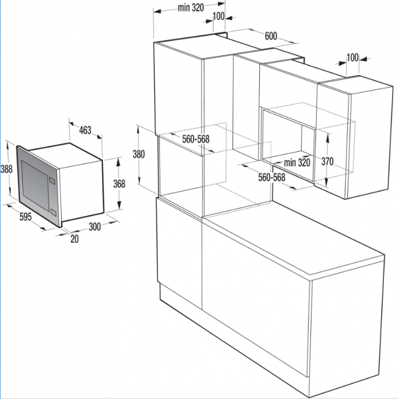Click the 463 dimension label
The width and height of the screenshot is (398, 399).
(x=85, y=130)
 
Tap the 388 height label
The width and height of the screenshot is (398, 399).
(x=6, y=169)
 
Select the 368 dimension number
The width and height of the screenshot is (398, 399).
(x=119, y=184)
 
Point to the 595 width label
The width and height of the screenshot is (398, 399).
(x=25, y=217)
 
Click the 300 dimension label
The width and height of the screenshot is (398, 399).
(x=95, y=227)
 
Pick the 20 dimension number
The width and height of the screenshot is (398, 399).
(x=75, y=239)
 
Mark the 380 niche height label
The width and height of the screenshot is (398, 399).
(x=139, y=154)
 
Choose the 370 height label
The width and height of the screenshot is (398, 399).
(x=327, y=161)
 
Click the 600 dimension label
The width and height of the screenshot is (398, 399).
(x=271, y=36)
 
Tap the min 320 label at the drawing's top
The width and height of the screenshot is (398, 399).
(x=191, y=8)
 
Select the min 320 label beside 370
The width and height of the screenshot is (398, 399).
(x=297, y=162)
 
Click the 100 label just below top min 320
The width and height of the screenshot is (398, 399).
(x=218, y=16)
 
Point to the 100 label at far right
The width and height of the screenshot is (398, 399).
(x=353, y=57)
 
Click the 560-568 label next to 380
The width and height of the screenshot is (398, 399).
(x=196, y=139)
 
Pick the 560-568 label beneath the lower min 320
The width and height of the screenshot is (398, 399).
(x=272, y=177)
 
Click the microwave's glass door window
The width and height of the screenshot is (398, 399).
(x=35, y=185)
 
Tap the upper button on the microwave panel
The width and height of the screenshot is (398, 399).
(x=52, y=180)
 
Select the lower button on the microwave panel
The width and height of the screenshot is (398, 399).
(x=53, y=212)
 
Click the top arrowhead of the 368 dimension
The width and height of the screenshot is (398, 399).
(x=118, y=161)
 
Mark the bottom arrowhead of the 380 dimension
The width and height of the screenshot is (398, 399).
(x=138, y=180)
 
